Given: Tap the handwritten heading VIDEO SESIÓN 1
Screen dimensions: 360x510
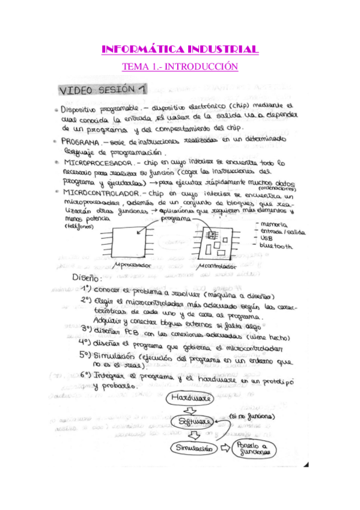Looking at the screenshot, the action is pyautogui.click(x=102, y=90).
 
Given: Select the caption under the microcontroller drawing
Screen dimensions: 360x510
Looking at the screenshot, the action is pyautogui.click(x=216, y=266).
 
